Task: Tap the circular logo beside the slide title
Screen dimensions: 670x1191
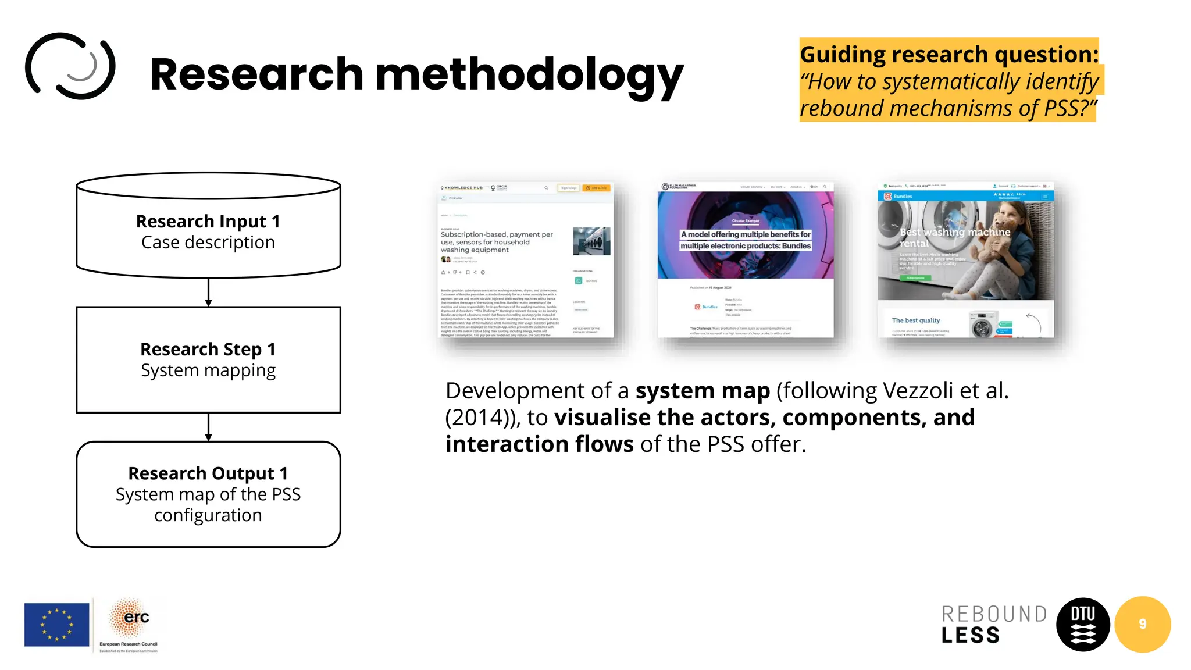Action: click(x=70, y=66)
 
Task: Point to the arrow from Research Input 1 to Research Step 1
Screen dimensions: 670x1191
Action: click(x=208, y=292)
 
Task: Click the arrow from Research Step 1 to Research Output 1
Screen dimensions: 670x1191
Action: click(x=208, y=427)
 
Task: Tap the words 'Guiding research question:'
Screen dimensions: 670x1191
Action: click(x=949, y=54)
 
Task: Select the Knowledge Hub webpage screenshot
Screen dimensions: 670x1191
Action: click(x=526, y=259)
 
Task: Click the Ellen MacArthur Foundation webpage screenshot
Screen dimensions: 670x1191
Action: click(x=746, y=259)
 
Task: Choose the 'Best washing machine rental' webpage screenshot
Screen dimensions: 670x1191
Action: click(x=965, y=259)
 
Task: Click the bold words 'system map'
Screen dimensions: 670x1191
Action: click(x=703, y=391)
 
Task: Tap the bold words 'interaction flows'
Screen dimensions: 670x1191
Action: click(x=539, y=444)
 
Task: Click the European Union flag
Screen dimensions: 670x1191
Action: click(x=56, y=624)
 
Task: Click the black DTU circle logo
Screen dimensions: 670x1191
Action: click(x=1083, y=624)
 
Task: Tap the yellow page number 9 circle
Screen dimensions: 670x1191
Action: click(x=1142, y=624)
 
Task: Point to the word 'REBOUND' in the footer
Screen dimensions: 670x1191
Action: click(x=994, y=614)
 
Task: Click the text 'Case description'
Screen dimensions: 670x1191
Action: click(x=208, y=243)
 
